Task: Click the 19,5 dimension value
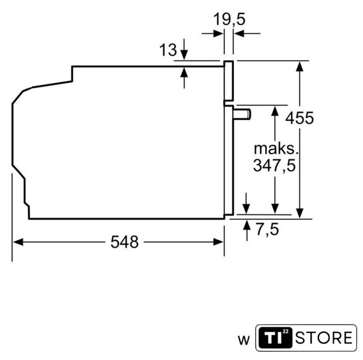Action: (229, 19)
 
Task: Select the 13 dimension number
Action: (168, 49)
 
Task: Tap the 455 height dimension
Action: (300, 118)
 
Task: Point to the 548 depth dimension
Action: (125, 242)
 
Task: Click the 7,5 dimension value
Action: (267, 229)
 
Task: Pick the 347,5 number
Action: (274, 165)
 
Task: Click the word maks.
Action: (276, 149)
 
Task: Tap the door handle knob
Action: (242, 114)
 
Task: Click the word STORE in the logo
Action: (324, 337)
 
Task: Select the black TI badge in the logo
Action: (275, 337)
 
